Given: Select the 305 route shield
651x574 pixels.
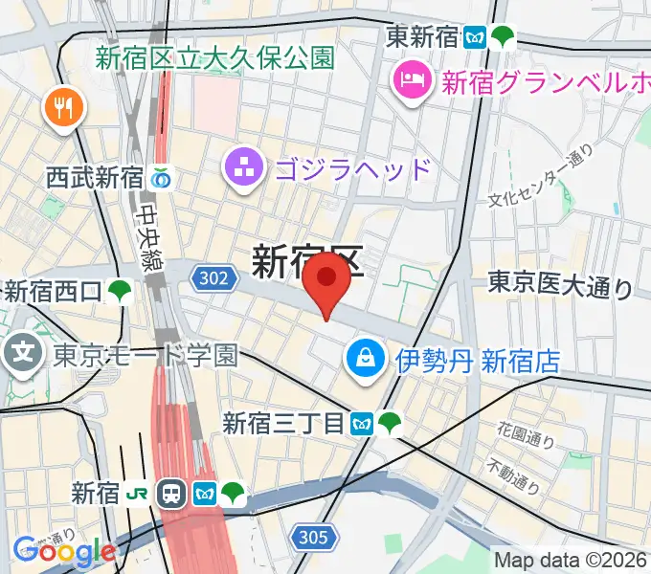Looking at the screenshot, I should [x=312, y=538].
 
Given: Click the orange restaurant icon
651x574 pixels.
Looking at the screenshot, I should [x=64, y=107].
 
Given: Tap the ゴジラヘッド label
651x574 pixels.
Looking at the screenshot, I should [x=352, y=170].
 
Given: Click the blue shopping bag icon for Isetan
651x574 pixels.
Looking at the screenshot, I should [x=367, y=360].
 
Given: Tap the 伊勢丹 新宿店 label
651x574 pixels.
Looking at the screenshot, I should [x=477, y=361].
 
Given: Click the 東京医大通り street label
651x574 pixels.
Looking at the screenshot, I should [x=560, y=284].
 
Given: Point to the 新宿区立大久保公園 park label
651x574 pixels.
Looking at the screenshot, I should [x=214, y=57].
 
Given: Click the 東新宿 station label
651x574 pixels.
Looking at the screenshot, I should [x=422, y=37].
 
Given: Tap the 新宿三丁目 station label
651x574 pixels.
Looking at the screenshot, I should [x=283, y=421].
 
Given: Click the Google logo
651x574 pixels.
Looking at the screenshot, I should [x=63, y=551].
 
